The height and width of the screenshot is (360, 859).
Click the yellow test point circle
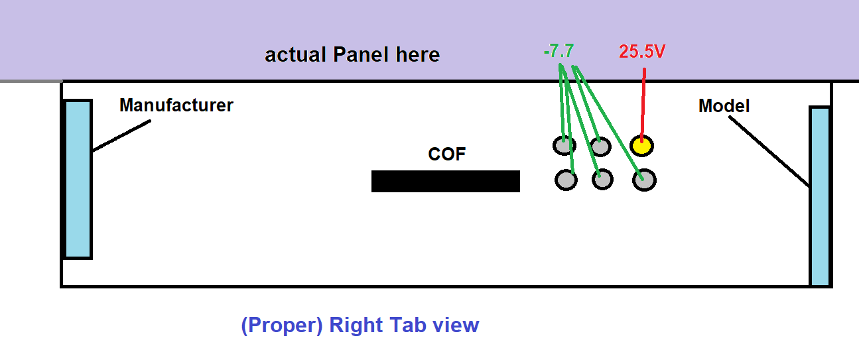(641, 145)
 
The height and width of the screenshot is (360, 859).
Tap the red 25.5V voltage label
(642, 52)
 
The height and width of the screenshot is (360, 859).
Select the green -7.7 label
(559, 50)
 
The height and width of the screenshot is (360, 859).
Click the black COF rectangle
(445, 181)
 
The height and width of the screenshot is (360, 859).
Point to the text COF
(447, 154)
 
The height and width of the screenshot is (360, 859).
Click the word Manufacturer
(176, 105)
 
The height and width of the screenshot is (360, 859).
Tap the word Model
(724, 106)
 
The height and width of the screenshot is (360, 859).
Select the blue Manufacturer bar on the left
(77, 179)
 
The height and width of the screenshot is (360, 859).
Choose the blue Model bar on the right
(820, 196)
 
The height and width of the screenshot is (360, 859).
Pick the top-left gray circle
(564, 145)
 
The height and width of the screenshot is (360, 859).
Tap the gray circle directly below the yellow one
(644, 180)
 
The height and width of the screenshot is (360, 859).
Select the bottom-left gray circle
(565, 180)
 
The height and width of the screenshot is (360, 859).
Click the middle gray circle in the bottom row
(602, 179)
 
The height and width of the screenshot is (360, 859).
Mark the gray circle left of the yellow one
(600, 145)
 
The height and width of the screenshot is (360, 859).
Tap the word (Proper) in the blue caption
(281, 326)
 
